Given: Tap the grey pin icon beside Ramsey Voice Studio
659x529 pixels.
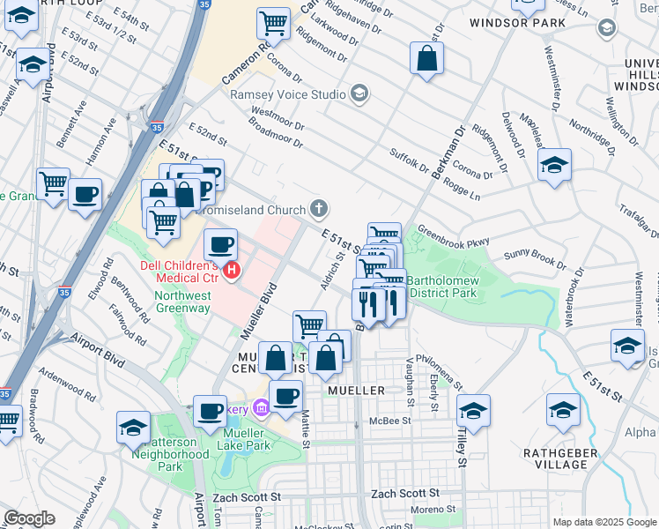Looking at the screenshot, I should click(x=359, y=93).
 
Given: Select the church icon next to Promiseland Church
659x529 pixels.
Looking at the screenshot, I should click(x=319, y=209).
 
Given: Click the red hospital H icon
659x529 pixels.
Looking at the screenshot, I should click(x=231, y=270).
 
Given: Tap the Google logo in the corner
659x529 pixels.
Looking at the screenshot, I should click(x=28, y=518).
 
